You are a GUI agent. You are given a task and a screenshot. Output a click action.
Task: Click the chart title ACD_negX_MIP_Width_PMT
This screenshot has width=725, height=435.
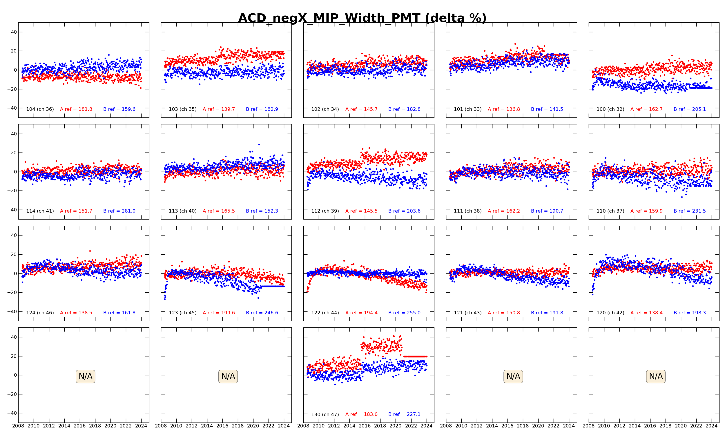[x=362, y=18]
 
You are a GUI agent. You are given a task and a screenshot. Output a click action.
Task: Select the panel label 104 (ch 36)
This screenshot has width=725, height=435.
[x=40, y=109]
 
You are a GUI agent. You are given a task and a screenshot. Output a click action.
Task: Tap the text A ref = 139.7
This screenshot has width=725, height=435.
[x=219, y=109]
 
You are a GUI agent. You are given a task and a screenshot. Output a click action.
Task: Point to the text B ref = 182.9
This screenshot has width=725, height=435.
[x=262, y=109]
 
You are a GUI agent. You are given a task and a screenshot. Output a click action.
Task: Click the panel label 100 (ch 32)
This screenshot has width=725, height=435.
[x=610, y=109]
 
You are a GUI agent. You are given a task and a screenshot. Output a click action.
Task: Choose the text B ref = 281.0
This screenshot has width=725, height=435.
[x=119, y=211]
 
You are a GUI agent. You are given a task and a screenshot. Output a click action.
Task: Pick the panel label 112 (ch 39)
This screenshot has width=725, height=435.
[x=325, y=211]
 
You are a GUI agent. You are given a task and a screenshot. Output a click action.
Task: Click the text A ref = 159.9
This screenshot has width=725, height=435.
[x=646, y=211]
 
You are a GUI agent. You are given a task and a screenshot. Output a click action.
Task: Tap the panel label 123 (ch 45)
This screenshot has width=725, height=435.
[x=183, y=313]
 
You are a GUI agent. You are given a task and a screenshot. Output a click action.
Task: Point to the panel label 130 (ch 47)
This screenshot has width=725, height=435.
[x=325, y=414]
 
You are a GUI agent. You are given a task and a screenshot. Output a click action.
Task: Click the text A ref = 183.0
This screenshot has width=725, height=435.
[x=361, y=414]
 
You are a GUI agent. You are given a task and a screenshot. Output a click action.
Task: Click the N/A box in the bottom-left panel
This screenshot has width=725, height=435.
[x=85, y=376]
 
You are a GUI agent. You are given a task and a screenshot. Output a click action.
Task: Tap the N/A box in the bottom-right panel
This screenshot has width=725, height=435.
[x=656, y=376]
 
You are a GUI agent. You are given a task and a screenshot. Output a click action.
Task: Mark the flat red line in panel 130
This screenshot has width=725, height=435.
[x=415, y=356]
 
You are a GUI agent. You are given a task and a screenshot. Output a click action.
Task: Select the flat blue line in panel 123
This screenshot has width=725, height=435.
[x=273, y=287]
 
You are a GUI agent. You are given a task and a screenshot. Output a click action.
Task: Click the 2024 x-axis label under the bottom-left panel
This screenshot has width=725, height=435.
[x=141, y=426]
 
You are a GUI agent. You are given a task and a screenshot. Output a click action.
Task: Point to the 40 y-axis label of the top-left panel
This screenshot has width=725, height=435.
[x=14, y=32]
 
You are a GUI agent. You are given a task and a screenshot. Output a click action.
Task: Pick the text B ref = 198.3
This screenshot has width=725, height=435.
[x=690, y=313]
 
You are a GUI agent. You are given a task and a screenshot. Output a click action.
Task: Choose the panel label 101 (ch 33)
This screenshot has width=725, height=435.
[x=467, y=109]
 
